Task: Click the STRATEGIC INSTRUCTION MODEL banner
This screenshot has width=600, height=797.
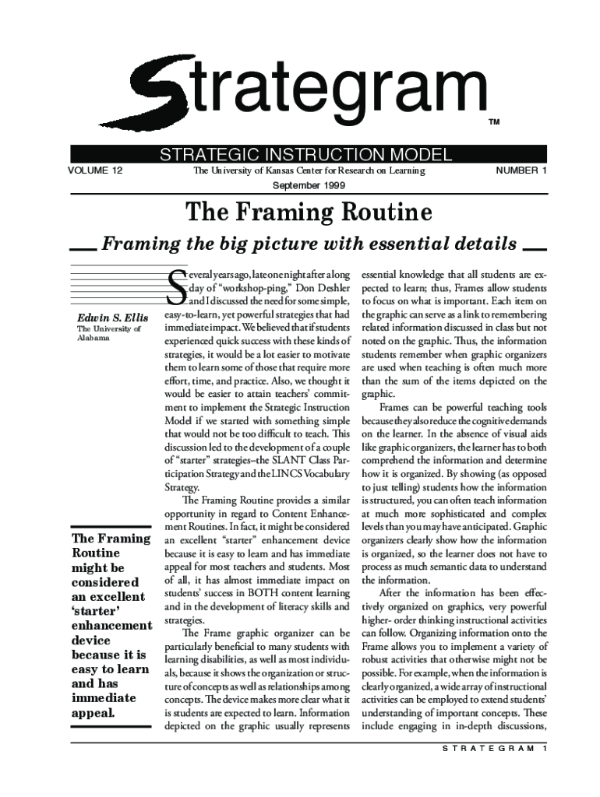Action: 306,154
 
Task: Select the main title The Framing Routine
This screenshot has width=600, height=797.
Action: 308,212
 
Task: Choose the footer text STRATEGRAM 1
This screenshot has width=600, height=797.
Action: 489,749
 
